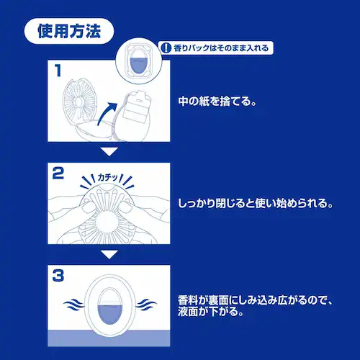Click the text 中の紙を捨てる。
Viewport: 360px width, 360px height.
pyautogui.click(x=217, y=101)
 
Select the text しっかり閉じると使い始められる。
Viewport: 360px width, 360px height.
pyautogui.click(x=255, y=204)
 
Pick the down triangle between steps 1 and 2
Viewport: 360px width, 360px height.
pyautogui.click(x=108, y=152)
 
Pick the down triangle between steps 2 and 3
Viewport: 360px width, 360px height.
pyautogui.click(x=108, y=254)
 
